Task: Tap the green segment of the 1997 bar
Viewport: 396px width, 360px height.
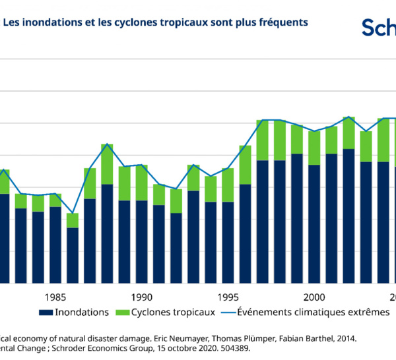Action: (x=262, y=140)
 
